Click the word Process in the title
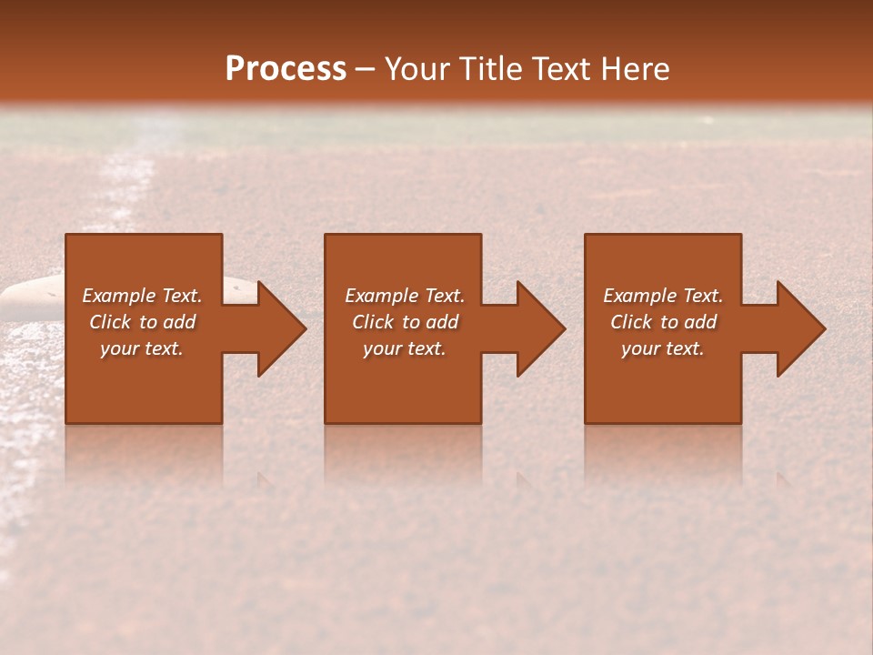pyautogui.click(x=286, y=69)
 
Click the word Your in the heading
pyautogui.click(x=416, y=69)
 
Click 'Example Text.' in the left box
pyautogui.click(x=142, y=296)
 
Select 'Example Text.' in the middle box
pyautogui.click(x=404, y=296)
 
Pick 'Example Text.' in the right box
pyautogui.click(x=663, y=296)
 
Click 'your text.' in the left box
pyautogui.click(x=142, y=348)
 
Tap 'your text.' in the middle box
pyautogui.click(x=404, y=348)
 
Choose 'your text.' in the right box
pyautogui.click(x=663, y=348)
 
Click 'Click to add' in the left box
pyautogui.click(x=142, y=322)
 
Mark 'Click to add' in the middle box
pyautogui.click(x=404, y=322)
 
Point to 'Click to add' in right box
pyautogui.click(x=663, y=322)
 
